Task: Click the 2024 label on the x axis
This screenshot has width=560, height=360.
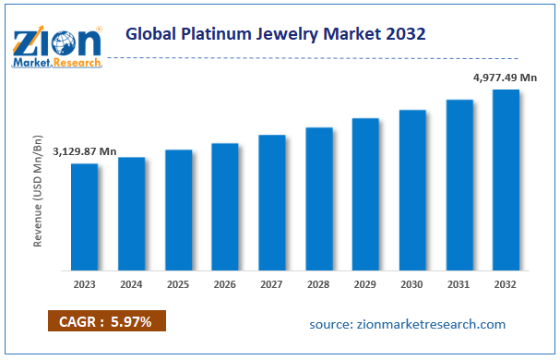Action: point(132,283)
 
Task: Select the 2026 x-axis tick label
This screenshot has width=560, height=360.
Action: point(225,283)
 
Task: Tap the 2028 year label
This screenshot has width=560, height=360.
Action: point(319,283)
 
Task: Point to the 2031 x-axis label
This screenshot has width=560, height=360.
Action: point(459,283)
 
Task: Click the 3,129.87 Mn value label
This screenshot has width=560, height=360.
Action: point(84,151)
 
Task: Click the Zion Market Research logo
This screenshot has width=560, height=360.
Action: point(56,46)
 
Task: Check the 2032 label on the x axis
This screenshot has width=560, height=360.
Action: point(506,283)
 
